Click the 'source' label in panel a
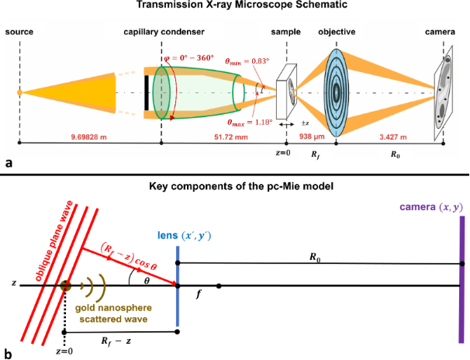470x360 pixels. [19, 32]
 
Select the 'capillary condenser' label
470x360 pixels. [164, 32]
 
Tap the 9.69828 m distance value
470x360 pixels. [88, 137]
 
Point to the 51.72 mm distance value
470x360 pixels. [231, 137]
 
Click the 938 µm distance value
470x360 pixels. [312, 137]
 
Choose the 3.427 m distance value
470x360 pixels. [393, 137]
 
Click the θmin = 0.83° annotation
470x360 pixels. [247, 61]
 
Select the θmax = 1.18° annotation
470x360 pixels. [250, 123]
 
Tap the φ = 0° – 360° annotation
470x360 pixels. [189, 57]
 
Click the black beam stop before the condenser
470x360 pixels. [147, 93]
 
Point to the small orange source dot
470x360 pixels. [19, 92]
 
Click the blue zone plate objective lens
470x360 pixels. [337, 92]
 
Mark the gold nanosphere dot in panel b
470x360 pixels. [65, 286]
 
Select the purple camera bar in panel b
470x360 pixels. [462, 279]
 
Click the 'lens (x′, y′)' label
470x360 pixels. [185, 236]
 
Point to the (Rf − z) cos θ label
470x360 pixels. [129, 256]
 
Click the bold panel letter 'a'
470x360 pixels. [9, 164]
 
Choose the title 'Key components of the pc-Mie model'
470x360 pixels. [241, 186]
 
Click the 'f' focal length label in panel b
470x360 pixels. [198, 295]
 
